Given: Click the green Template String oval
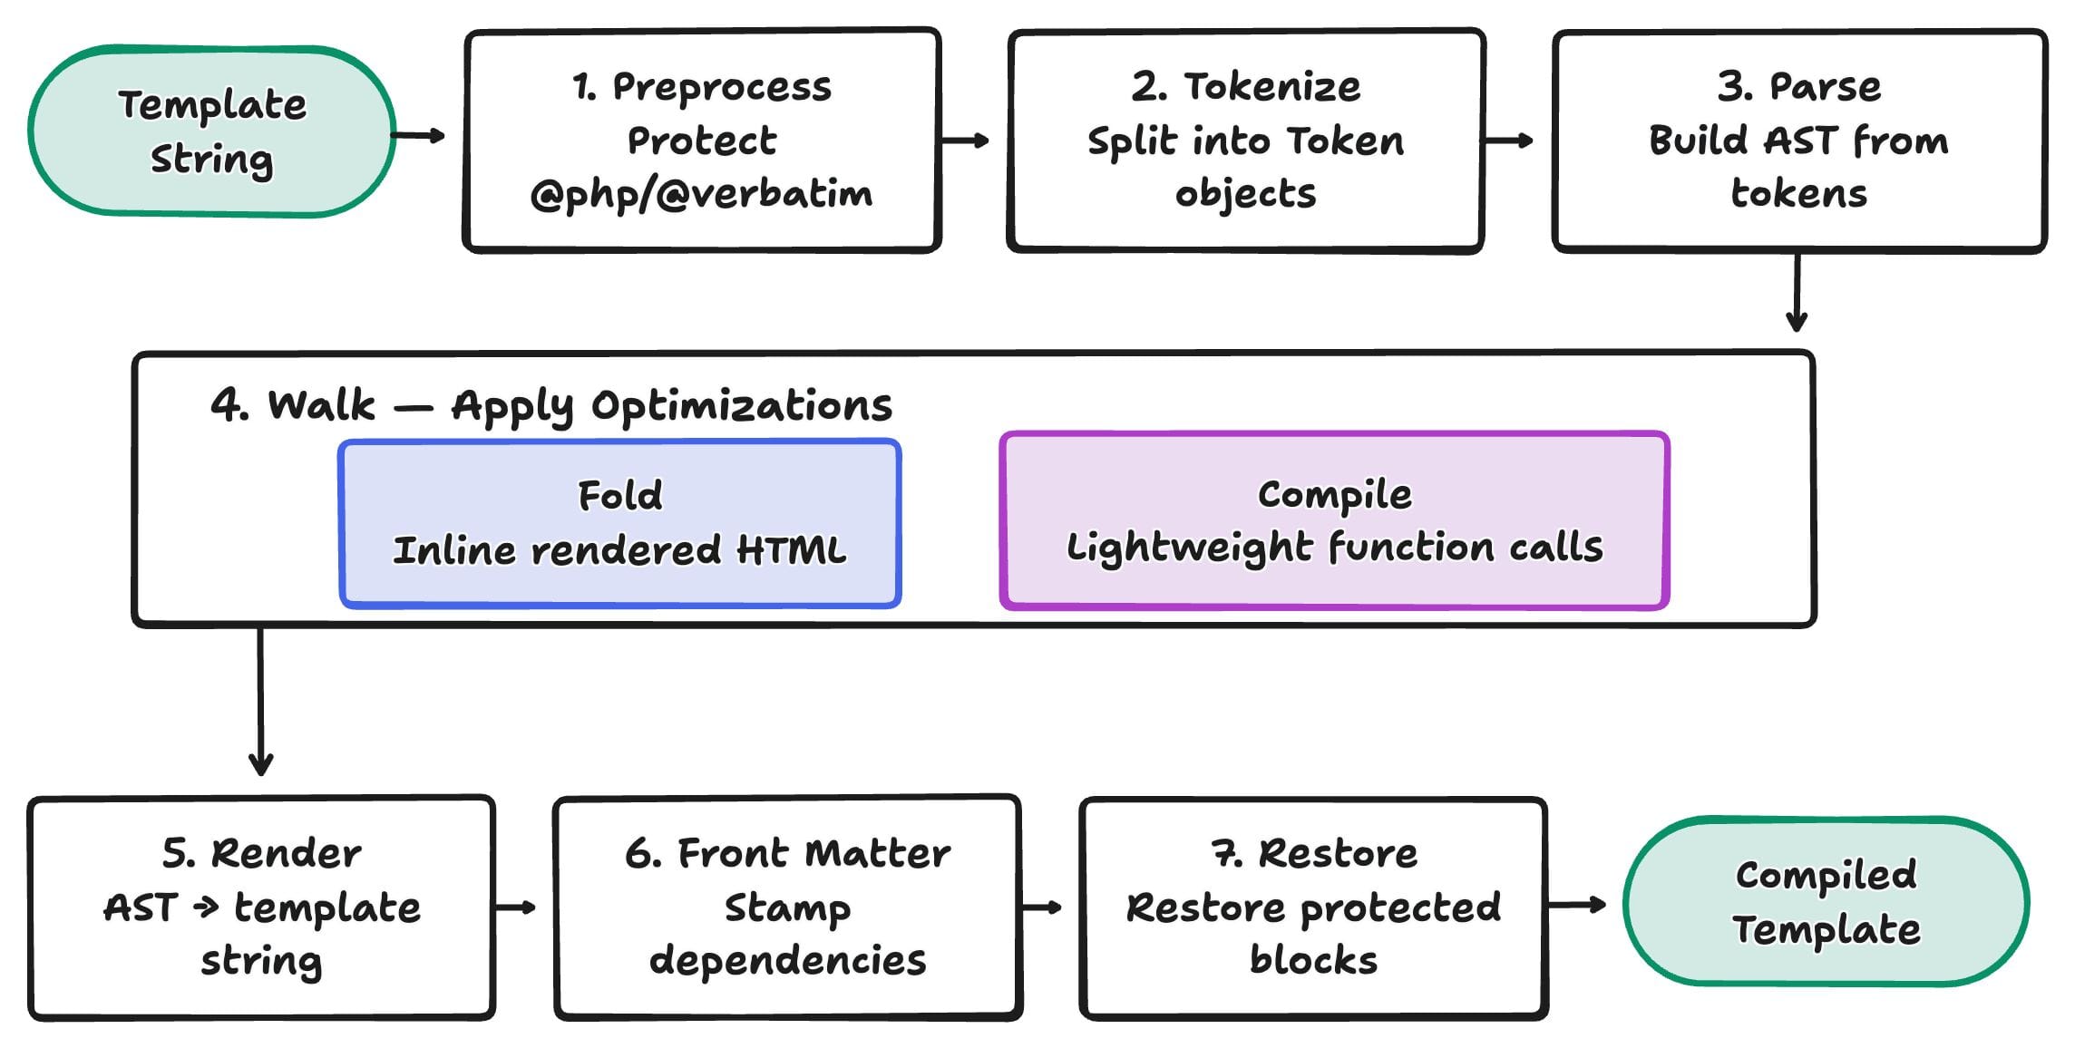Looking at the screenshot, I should pos(211,131).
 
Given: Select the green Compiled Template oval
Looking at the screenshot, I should pos(1825,901).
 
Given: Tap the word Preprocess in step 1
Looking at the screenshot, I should pos(722,87).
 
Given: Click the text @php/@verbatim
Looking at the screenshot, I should pos(702,194).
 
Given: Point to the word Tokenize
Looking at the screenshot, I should pos(1271,87).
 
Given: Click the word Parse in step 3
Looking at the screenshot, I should pos(1825,87).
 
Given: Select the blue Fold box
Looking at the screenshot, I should pos(619,523).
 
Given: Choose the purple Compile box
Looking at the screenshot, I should pos(1333,520).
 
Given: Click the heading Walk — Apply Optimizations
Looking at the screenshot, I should pos(551,405).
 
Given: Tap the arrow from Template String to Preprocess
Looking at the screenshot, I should pos(419,136).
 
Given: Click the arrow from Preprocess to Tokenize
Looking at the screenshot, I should pos(965,141).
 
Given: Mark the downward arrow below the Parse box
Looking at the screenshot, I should pos(1797,292).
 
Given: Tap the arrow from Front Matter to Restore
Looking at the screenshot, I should pos(1041,907).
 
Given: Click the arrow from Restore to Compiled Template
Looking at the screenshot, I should pos(1576,904).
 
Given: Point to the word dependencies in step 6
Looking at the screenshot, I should pos(787,961).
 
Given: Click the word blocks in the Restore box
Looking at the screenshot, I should pos(1313,961).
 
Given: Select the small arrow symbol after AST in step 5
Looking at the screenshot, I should pos(206,907).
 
